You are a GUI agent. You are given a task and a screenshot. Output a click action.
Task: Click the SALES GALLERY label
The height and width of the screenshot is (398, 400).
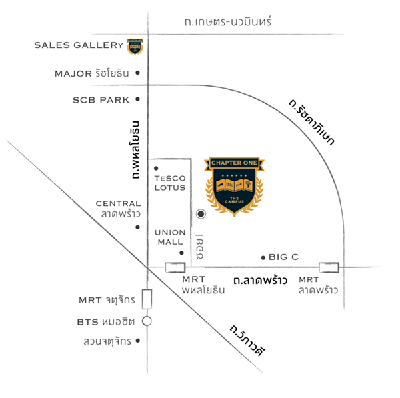pyautogui.click(x=79, y=45)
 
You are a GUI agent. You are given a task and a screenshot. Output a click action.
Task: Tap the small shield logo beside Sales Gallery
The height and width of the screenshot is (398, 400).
pyautogui.click(x=135, y=46)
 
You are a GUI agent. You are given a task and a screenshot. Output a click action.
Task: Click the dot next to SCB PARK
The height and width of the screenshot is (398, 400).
pyautogui.click(x=137, y=100)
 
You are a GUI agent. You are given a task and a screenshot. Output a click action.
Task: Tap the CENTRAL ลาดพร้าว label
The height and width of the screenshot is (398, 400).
pyautogui.click(x=117, y=209)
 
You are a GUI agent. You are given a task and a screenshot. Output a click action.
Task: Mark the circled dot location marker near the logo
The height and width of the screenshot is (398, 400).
pyautogui.click(x=200, y=215)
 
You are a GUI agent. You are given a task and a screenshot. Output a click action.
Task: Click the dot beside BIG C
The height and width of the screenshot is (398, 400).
pyautogui.click(x=263, y=257)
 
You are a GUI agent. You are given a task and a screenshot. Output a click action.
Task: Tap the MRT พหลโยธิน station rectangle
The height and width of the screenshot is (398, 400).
pyautogui.click(x=175, y=267)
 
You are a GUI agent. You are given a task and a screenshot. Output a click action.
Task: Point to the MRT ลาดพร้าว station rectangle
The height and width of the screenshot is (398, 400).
pyautogui.click(x=329, y=267)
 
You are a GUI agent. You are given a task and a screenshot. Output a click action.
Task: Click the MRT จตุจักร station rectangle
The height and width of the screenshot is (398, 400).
pyautogui.click(x=147, y=298)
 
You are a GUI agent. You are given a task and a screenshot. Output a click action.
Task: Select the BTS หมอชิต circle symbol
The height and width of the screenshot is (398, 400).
pyautogui.click(x=147, y=321)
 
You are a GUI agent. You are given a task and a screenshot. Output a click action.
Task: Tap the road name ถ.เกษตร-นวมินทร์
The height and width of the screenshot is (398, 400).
pyautogui.click(x=229, y=23)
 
